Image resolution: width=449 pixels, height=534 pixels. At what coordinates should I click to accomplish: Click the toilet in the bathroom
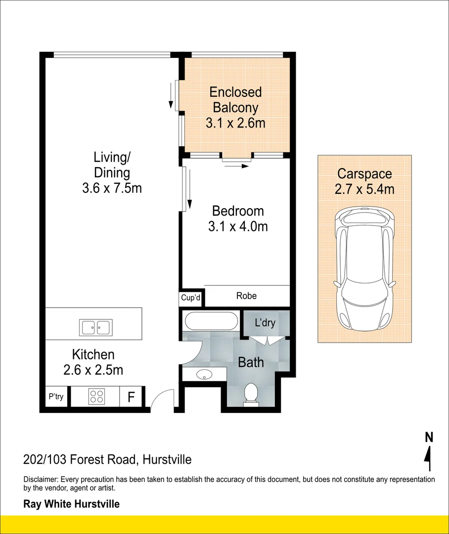[251, 394]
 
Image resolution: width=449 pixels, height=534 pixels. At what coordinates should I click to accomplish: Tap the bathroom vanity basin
[204, 374]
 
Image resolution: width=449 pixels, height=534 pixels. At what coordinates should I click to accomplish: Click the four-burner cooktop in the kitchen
[96, 397]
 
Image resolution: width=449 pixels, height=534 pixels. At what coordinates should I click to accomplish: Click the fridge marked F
[132, 397]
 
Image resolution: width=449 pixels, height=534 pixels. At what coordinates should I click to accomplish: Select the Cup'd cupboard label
[190, 298]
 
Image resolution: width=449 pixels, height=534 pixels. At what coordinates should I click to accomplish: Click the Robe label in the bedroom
[246, 296]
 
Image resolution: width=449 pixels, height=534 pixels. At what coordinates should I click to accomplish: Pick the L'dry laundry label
[265, 323]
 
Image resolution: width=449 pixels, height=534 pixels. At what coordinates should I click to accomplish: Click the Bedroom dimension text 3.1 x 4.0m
[238, 226]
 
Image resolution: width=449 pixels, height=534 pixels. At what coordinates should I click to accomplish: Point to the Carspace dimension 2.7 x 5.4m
[364, 189]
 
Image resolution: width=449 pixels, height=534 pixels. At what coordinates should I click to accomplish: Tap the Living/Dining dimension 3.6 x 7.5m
[112, 188]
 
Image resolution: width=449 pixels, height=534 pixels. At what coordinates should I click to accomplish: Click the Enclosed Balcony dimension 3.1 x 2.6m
[235, 123]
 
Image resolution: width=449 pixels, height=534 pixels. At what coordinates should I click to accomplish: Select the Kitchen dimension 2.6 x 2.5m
[93, 369]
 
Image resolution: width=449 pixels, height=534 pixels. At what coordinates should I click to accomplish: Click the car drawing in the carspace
[364, 269]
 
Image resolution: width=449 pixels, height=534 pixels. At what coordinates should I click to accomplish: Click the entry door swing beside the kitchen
[161, 400]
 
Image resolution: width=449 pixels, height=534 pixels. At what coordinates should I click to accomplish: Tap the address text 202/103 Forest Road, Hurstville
[107, 460]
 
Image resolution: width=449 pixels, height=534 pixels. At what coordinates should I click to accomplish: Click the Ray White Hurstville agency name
[72, 504]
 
